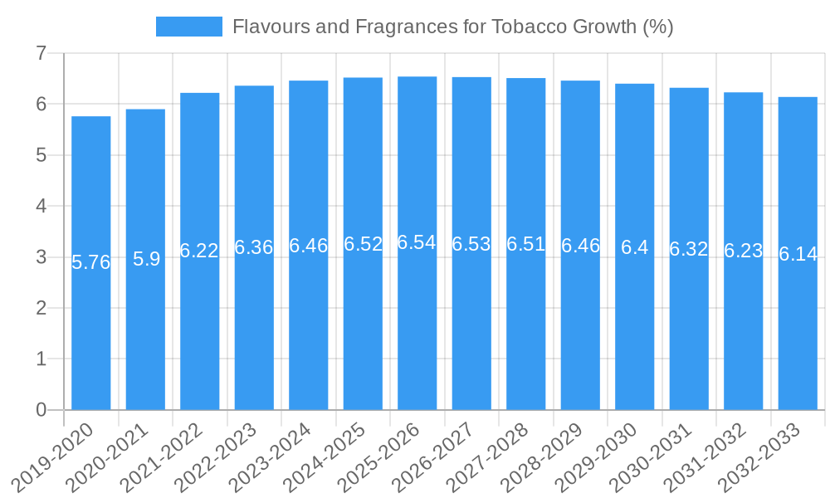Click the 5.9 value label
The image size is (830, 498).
[146, 259]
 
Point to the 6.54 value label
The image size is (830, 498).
[417, 242]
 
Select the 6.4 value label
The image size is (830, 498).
[635, 247]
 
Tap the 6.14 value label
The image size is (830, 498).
[798, 255]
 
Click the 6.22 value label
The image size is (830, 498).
[199, 251]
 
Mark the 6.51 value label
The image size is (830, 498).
[526, 244]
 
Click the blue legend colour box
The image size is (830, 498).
[189, 27]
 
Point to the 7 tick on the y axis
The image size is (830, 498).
[41, 54]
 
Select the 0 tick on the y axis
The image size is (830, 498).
[41, 410]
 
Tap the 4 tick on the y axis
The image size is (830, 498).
[41, 206]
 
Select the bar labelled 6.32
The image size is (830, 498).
[689, 332]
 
